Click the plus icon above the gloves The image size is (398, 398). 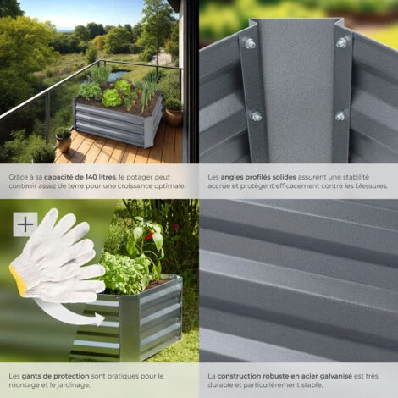pyautogui.click(x=25, y=224)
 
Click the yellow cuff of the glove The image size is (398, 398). pyautogui.click(x=18, y=279)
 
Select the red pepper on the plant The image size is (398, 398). pyautogui.click(x=148, y=237)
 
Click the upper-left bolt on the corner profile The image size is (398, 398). pyautogui.click(x=250, y=43)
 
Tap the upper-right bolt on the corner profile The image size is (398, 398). pyautogui.click(x=342, y=42)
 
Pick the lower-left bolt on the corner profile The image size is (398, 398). pyautogui.click(x=256, y=116)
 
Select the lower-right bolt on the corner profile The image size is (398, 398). pyautogui.click(x=340, y=115)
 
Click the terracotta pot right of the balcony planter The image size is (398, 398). pyautogui.click(x=174, y=115)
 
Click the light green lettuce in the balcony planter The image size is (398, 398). pyautogui.click(x=112, y=98)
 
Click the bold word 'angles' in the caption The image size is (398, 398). pyautogui.click(x=233, y=177)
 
